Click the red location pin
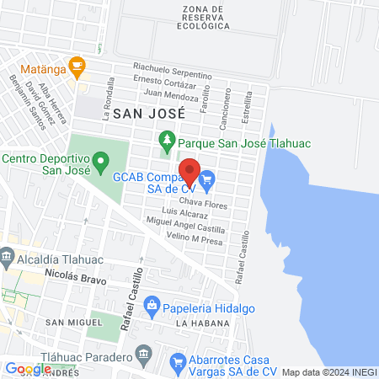pyautogui.click(x=189, y=170)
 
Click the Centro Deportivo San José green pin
pyautogui.click(x=101, y=159)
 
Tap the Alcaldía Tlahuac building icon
pyautogui.click(x=8, y=254)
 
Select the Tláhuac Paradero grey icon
pyautogui.click(x=141, y=351)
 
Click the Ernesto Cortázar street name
pyautogui.click(x=176, y=82)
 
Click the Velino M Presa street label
pyautogui.click(x=171, y=238)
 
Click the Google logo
pyautogui.click(x=28, y=368)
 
